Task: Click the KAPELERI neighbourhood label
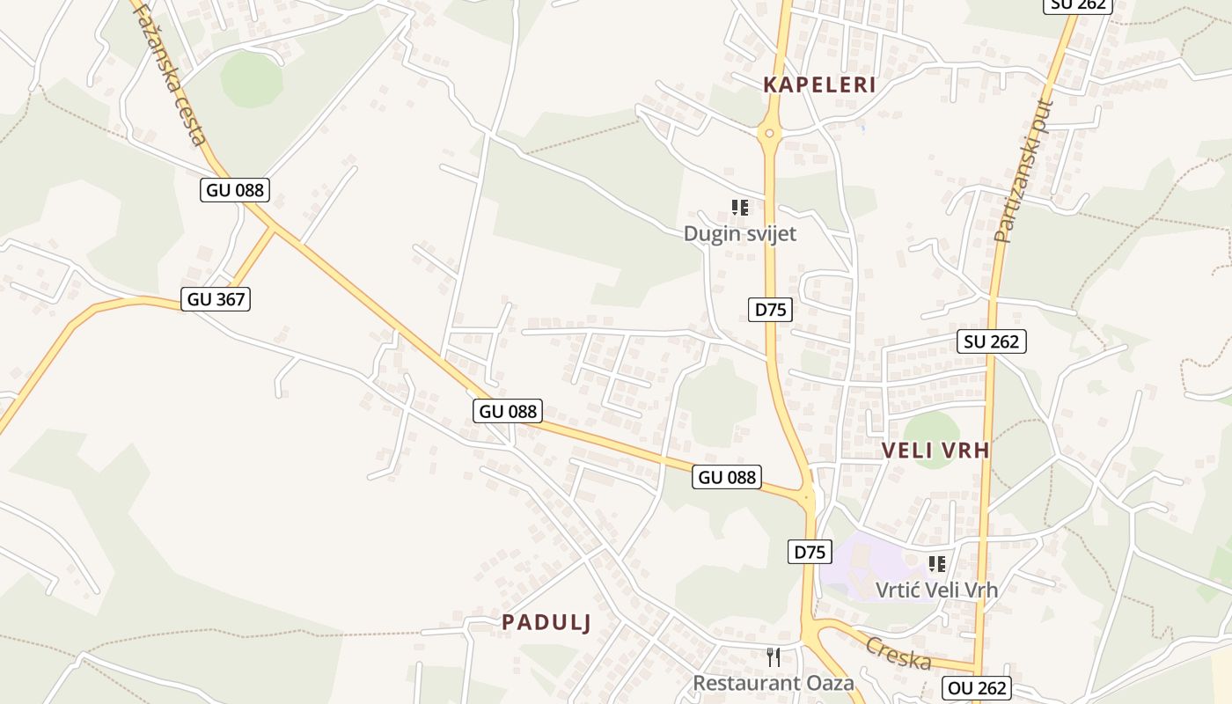point(819,85)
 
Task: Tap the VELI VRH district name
point(935,451)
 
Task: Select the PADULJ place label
point(546,622)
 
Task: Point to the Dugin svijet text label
point(740,234)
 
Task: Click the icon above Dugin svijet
point(740,208)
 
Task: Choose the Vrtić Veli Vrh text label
point(936,590)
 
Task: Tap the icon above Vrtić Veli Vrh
point(937,563)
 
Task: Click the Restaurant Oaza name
point(774,683)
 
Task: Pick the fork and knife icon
point(774,656)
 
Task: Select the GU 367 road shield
point(216,299)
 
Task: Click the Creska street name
point(898,652)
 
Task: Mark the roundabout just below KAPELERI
point(770,134)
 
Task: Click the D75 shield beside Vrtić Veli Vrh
point(810,552)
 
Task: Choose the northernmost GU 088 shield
point(234,189)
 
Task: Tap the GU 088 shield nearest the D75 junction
point(727,477)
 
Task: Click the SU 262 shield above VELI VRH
point(992,341)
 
